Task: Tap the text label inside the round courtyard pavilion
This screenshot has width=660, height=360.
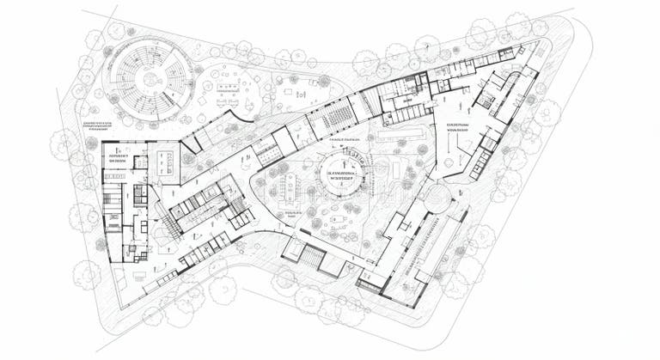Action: (342, 177)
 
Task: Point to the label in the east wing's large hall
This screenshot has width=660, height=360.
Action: (456, 127)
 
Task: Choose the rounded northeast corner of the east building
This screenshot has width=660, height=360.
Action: (514, 80)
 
